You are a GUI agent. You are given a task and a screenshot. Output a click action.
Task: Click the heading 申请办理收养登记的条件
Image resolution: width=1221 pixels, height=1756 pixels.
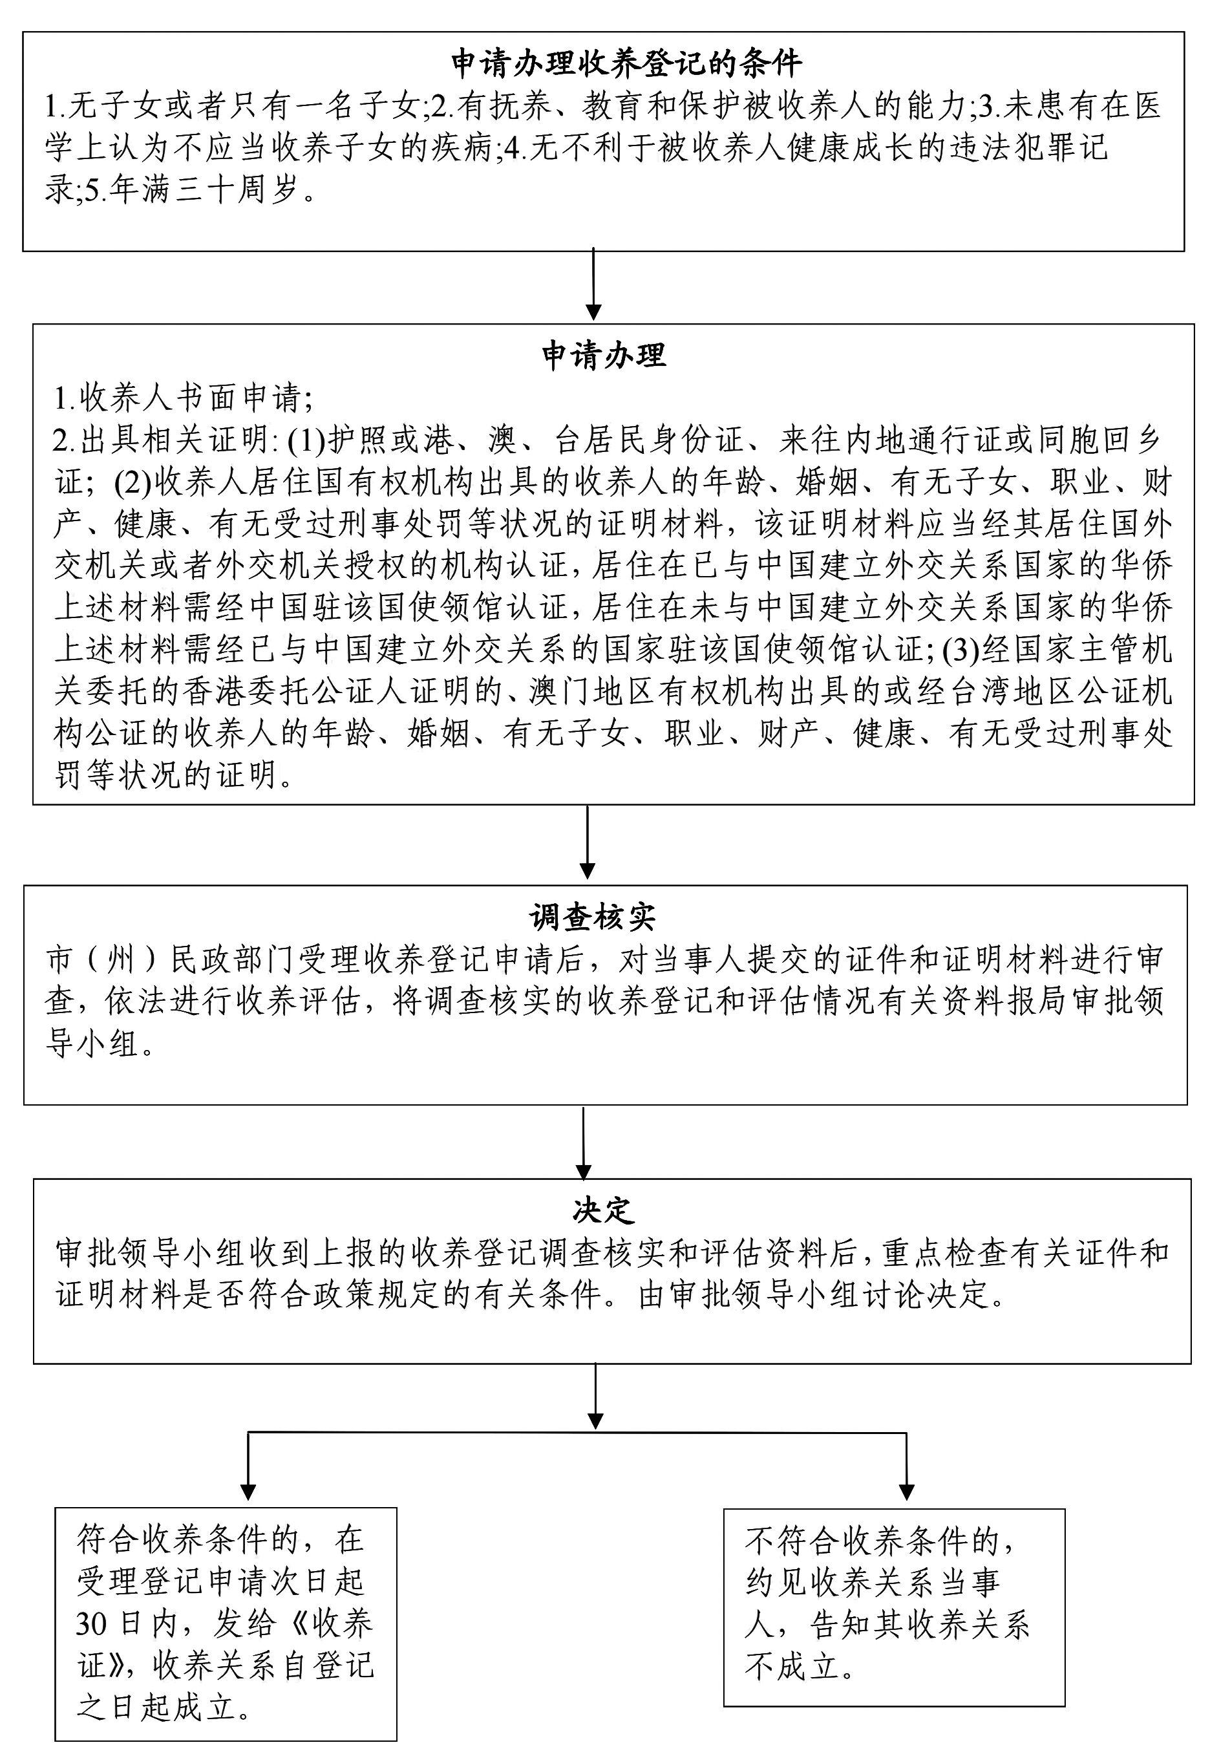(x=626, y=63)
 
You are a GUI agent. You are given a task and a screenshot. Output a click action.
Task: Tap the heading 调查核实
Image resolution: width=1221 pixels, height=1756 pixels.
(x=593, y=917)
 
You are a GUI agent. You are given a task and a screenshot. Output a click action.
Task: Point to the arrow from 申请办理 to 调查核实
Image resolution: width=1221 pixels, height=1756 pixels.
(x=587, y=841)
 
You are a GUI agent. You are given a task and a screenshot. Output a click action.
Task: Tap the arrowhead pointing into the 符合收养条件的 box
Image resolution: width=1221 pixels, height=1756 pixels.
(x=248, y=1492)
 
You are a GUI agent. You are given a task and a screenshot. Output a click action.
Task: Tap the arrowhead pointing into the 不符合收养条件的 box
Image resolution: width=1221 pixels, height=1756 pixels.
(x=906, y=1492)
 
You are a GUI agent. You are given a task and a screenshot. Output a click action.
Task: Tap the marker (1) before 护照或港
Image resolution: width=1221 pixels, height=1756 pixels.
(x=306, y=440)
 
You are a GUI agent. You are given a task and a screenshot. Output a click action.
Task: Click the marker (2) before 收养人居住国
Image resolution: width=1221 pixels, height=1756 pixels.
(x=133, y=482)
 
